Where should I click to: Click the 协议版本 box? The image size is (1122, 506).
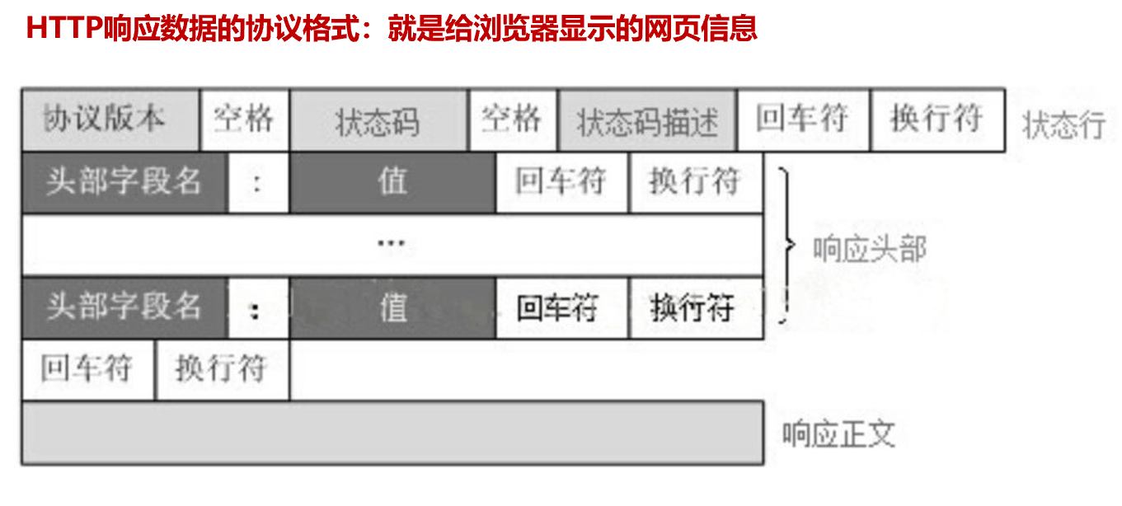click(x=110, y=119)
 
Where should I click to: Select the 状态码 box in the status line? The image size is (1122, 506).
click(x=378, y=120)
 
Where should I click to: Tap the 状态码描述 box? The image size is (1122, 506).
click(x=647, y=120)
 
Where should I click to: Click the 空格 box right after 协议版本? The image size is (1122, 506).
click(x=244, y=119)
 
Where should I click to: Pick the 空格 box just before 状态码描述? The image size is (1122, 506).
click(x=513, y=119)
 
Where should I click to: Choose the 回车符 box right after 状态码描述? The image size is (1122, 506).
click(x=803, y=119)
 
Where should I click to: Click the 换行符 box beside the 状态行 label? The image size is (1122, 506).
click(x=937, y=119)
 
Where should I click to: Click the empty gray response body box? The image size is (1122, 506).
click(x=392, y=433)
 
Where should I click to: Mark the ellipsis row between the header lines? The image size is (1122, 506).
click(x=392, y=245)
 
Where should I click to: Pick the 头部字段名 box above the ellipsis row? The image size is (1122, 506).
click(x=124, y=182)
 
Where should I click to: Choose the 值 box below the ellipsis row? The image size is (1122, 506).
click(x=392, y=307)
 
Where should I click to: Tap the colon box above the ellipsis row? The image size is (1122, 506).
click(x=258, y=182)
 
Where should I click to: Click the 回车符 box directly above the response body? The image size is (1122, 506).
click(x=87, y=369)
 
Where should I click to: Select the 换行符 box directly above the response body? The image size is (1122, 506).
click(x=222, y=369)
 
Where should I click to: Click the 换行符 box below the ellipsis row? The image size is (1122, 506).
click(x=695, y=307)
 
